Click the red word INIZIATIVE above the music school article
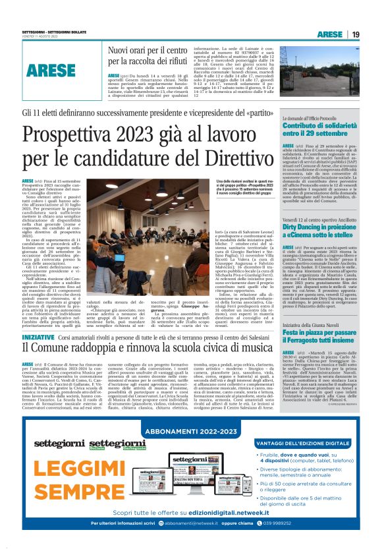[x=37, y=336]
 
